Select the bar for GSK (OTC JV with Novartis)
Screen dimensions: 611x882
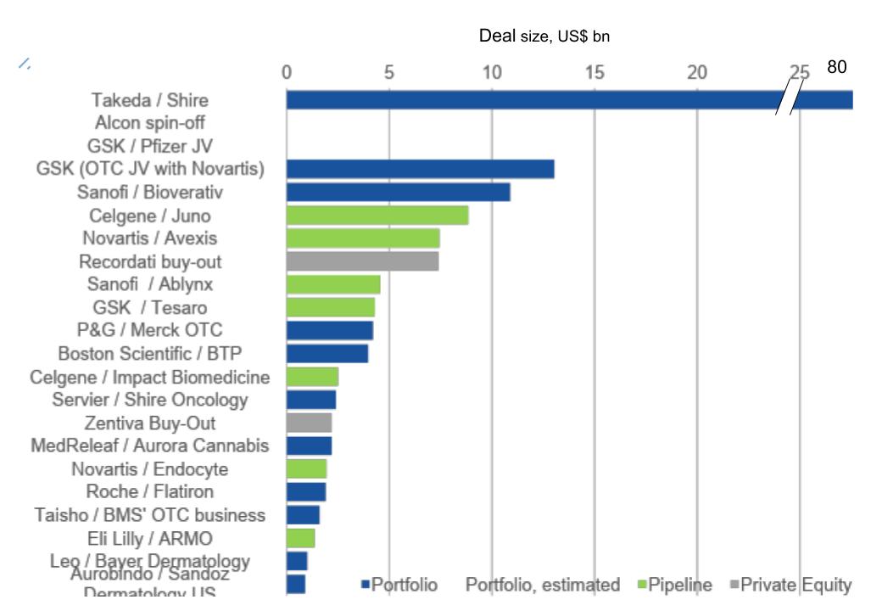click(x=420, y=169)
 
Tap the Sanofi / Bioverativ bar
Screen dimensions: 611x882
click(x=398, y=192)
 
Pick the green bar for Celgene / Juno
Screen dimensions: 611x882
click(x=377, y=216)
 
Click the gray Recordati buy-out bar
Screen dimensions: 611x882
click(x=362, y=261)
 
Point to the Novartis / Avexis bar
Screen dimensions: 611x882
click(x=363, y=238)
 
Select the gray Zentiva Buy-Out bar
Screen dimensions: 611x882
click(x=309, y=423)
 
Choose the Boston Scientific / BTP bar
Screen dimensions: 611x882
click(x=327, y=353)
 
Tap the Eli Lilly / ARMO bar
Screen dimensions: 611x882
click(x=300, y=538)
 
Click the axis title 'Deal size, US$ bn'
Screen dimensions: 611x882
click(x=544, y=36)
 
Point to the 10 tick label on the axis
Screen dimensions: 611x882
click(x=492, y=73)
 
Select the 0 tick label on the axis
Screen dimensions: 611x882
click(x=287, y=73)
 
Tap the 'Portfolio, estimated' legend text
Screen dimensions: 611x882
click(x=542, y=585)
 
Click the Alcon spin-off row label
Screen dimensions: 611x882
click(x=150, y=123)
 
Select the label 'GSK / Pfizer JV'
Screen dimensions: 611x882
click(x=150, y=146)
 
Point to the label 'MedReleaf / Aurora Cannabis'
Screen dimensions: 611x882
click(x=149, y=446)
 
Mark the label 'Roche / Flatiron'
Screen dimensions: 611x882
click(x=150, y=491)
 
